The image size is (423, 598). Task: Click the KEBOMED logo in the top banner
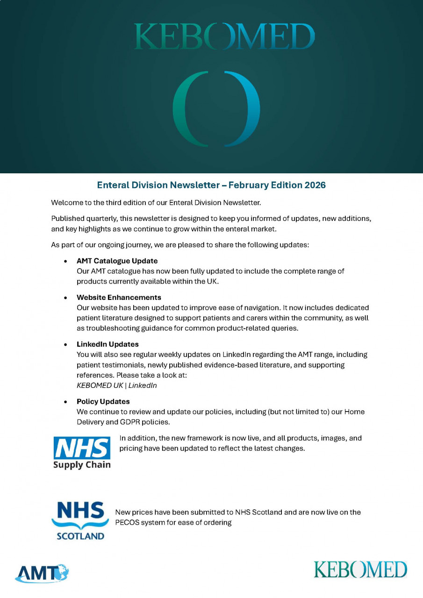coord(224,37)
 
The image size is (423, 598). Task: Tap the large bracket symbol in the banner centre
coord(216,108)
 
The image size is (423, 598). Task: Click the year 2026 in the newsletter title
coord(315,185)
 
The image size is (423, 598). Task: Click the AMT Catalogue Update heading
coord(117,261)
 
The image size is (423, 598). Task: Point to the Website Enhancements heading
coord(119,297)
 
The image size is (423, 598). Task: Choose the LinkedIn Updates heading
coord(108,344)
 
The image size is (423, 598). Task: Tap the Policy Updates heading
coord(103,401)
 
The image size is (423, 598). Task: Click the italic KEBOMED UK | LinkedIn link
coord(117,385)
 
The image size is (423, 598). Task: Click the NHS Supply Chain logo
coord(82,452)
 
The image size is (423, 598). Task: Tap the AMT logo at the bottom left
coord(42,573)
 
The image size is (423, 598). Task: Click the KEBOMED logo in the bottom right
coord(360,570)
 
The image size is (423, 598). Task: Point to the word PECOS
coord(126,522)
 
